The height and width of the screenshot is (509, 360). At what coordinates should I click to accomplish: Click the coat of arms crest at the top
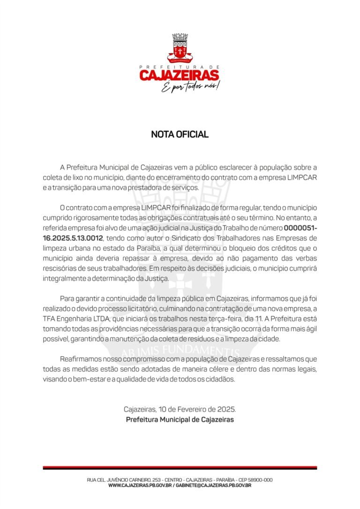click(x=180, y=48)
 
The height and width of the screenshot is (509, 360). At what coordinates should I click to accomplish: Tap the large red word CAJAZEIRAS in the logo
click(x=180, y=75)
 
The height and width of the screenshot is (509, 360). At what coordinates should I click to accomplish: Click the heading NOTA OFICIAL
click(x=180, y=135)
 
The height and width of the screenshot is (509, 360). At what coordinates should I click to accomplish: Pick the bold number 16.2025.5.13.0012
click(x=73, y=238)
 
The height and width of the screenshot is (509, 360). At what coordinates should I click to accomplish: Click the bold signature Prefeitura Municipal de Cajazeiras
click(x=180, y=419)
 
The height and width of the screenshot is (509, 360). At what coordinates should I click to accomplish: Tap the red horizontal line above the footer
click(x=180, y=468)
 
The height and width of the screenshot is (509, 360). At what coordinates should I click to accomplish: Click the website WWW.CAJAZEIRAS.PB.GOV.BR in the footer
click(x=139, y=486)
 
